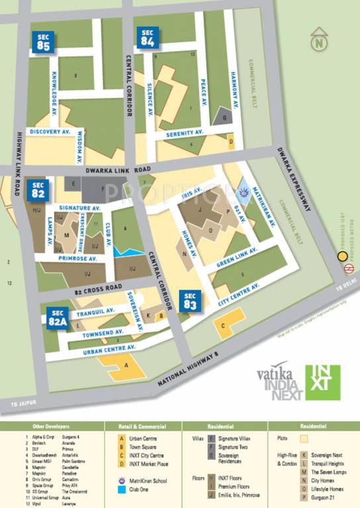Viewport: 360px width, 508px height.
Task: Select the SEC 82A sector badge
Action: pos(58,318)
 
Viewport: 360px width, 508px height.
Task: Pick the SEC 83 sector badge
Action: pos(191,300)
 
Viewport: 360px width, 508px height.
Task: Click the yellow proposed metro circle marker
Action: pos(343,257)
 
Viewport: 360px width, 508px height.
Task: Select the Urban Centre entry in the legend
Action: pos(143,438)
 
